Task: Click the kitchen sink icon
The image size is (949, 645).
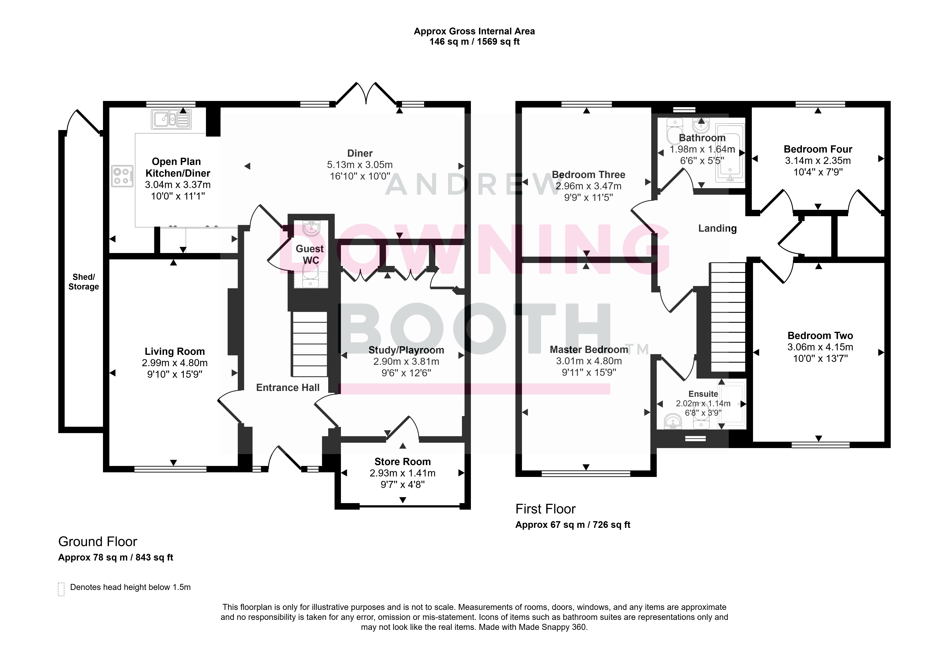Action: [171, 119]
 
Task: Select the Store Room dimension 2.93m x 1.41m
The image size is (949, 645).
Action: [403, 473]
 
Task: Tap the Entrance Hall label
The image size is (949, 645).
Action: [288, 388]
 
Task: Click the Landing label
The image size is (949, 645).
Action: [717, 228]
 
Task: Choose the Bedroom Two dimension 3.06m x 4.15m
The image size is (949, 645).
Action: [820, 347]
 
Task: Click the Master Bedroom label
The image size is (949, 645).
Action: [589, 350]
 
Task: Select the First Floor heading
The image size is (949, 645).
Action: [546, 509]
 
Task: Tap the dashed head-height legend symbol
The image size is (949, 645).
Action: [61, 589]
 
